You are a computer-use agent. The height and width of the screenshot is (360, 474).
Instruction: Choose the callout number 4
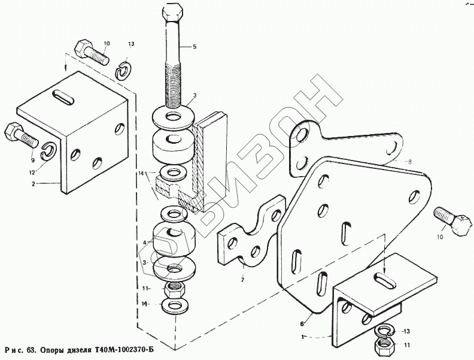tap(144, 242)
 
